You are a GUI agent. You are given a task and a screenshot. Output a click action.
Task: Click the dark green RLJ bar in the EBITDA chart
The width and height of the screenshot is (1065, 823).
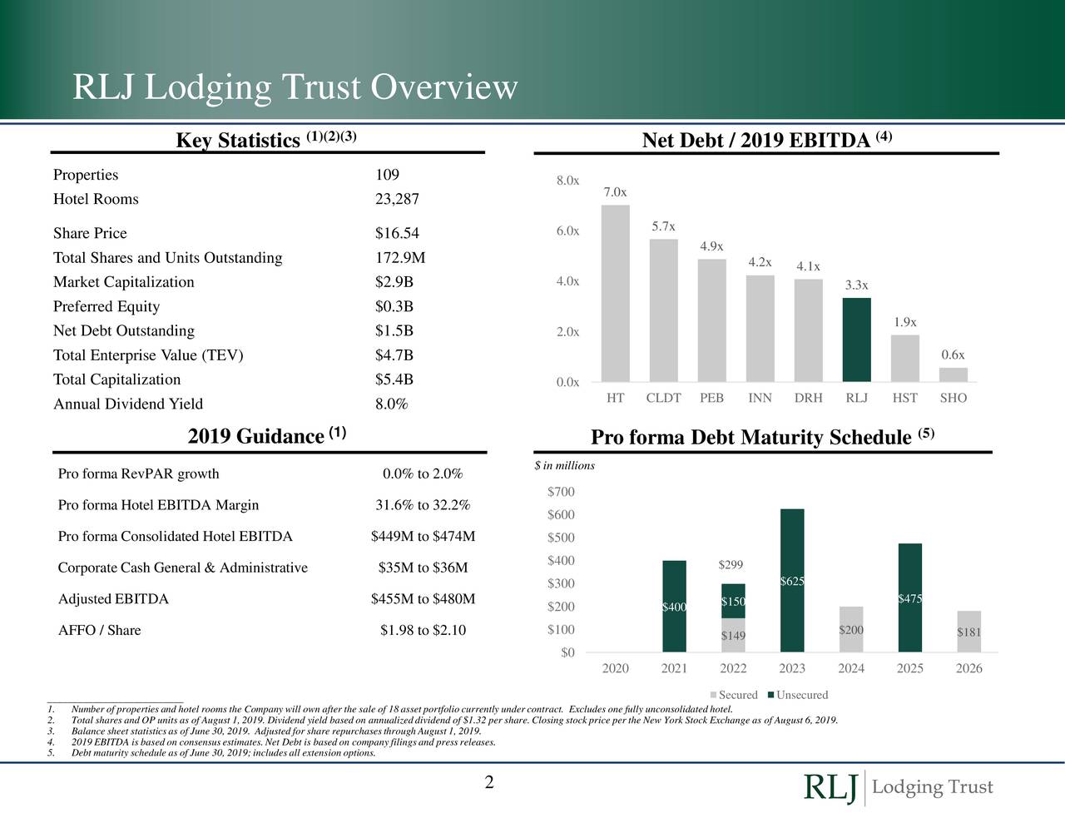(x=856, y=340)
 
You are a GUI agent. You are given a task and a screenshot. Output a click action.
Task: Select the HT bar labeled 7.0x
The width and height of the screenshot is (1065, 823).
(x=615, y=293)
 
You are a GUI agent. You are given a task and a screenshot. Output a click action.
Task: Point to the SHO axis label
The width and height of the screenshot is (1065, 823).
(x=953, y=398)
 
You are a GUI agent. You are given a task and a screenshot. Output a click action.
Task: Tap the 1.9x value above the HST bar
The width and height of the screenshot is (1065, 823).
(x=905, y=322)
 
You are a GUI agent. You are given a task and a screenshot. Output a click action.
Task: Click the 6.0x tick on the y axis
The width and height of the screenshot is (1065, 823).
(x=567, y=231)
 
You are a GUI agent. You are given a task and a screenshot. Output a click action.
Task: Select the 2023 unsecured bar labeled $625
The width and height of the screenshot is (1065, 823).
(x=792, y=580)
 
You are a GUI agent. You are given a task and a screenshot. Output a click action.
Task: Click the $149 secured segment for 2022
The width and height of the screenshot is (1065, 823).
(x=733, y=636)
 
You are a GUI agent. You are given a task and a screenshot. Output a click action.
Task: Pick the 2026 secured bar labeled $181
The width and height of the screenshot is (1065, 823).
(x=968, y=632)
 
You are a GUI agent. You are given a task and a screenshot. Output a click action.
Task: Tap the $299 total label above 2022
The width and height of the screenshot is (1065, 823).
(x=731, y=566)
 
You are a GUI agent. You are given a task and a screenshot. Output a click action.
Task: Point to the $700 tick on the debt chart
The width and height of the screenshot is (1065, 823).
(x=561, y=493)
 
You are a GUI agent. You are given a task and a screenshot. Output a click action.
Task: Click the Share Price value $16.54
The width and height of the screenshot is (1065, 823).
(x=397, y=233)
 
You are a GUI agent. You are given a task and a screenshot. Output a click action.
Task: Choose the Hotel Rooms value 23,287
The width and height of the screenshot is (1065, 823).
(x=397, y=199)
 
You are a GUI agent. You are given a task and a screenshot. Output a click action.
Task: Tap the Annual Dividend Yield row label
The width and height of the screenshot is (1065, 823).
(x=128, y=404)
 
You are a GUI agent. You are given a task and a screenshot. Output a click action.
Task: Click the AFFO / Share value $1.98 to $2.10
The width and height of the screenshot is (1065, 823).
(x=423, y=630)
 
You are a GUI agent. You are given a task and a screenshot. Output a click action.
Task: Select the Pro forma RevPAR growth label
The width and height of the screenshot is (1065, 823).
(x=139, y=474)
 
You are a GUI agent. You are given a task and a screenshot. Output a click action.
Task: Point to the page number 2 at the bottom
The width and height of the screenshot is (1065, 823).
(x=489, y=782)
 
